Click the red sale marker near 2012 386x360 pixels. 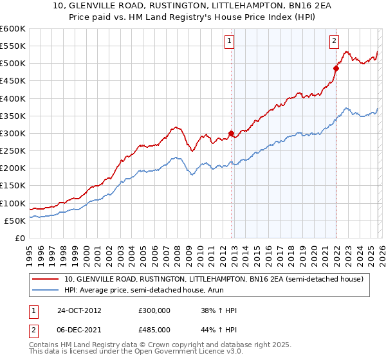pos(232,134)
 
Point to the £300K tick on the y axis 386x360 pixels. pos(13,133)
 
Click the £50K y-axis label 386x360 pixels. pos(15,221)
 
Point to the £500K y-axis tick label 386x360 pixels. pos(13,63)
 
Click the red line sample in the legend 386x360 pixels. pos(46,279)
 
